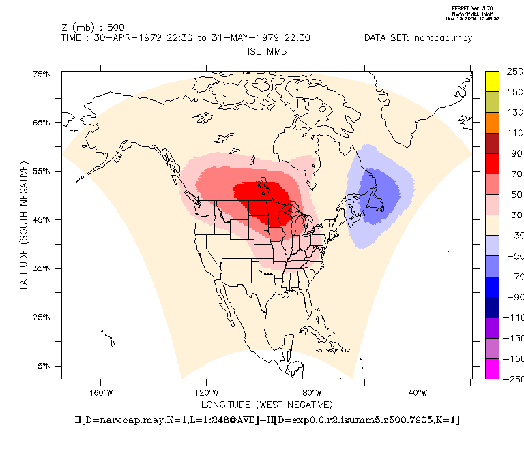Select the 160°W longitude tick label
click(100, 392)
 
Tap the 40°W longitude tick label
click(418, 392)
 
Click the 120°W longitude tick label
click(206, 392)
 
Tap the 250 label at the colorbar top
click(514, 71)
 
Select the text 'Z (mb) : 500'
click(89, 27)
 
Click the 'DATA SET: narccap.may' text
click(418, 38)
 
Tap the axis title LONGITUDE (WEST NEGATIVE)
click(266, 404)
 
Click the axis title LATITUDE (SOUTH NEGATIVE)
click(25, 225)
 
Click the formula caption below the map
click(267, 420)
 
